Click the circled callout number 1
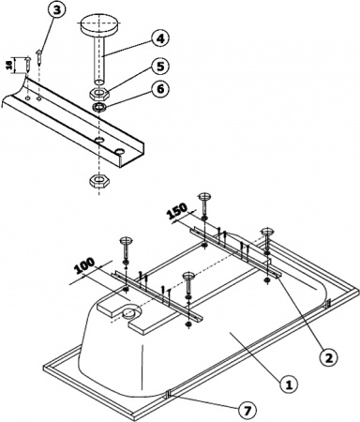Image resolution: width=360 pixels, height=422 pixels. [291, 383]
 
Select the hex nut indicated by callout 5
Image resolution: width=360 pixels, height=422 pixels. [97, 93]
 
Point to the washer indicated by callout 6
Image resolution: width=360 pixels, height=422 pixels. [97, 107]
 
